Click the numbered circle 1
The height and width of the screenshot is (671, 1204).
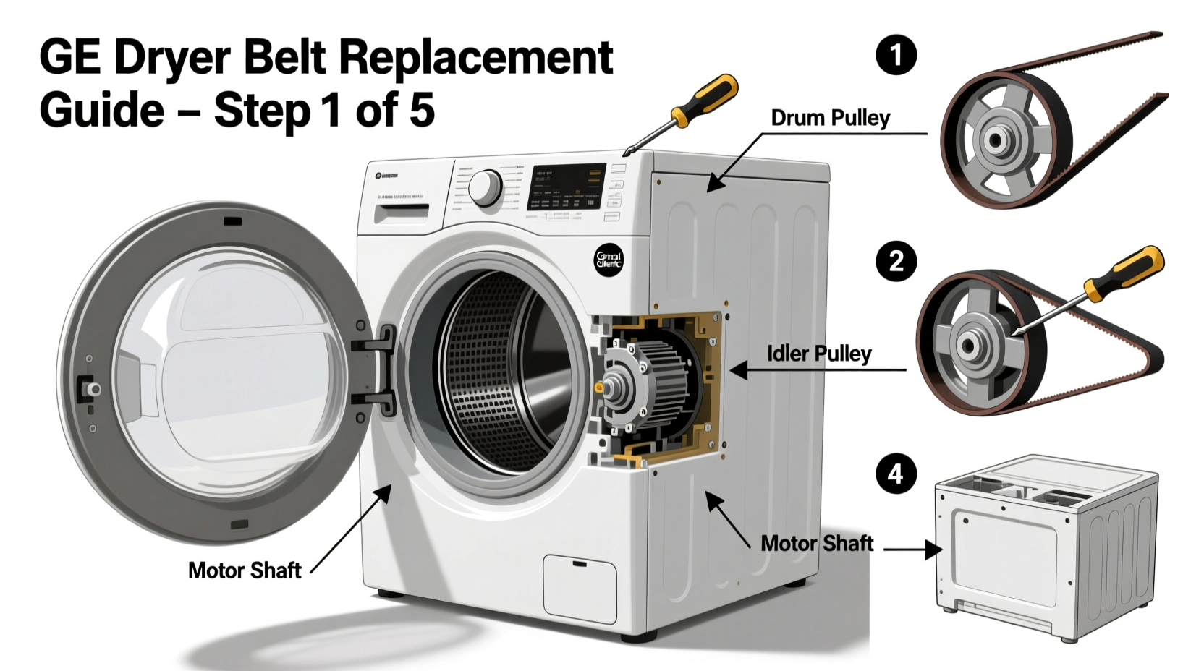896,55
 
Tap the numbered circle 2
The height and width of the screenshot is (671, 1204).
896,261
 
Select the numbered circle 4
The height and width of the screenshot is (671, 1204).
896,474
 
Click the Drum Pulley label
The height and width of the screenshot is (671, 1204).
830,118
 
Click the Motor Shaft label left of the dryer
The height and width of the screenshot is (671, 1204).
244,570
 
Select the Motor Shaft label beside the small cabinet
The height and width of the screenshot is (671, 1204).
816,543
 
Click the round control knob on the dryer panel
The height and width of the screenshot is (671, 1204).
486,188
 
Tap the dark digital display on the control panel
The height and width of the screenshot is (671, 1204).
567,186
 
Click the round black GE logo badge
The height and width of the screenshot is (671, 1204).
609,260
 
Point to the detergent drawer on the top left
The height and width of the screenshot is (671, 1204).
401,213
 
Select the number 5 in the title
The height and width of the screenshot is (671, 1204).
421,110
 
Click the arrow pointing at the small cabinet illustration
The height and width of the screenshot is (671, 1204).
913,550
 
